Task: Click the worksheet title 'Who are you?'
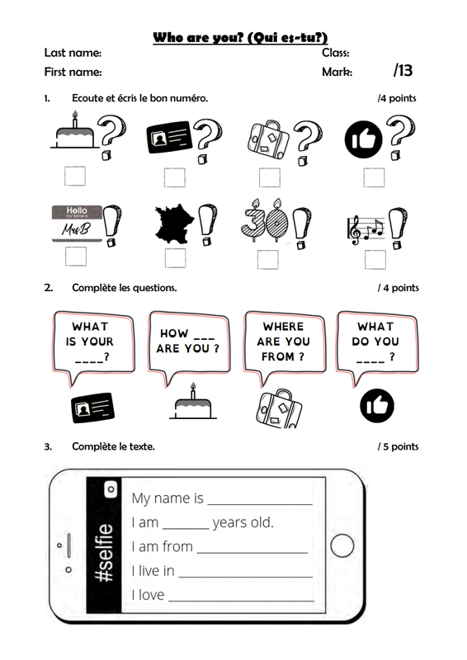[x=198, y=37]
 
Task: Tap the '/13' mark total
[x=403, y=70]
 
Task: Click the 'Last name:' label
[x=73, y=53]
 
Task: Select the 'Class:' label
[x=336, y=53]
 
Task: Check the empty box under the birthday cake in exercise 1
[x=75, y=177]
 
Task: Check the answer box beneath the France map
[x=175, y=258]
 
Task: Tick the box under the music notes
[x=375, y=260]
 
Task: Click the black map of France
[x=174, y=224]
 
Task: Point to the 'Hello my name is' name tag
[x=77, y=224]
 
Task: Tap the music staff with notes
[x=366, y=230]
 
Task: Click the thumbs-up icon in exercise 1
[x=363, y=139]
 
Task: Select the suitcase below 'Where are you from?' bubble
[x=279, y=408]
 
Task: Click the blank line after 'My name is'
[x=260, y=503]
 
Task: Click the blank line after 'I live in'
[x=246, y=576]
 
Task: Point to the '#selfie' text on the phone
[x=104, y=553]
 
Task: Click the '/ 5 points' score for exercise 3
[x=398, y=446]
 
